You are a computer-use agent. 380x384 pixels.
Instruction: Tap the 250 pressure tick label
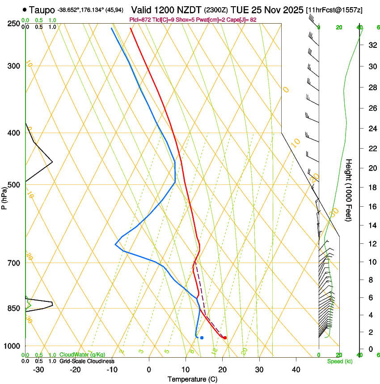(13, 24)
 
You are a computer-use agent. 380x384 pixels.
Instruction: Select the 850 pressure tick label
(13, 308)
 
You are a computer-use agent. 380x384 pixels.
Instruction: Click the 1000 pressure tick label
(12, 346)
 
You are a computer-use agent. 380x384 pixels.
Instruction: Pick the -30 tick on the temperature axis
(38, 370)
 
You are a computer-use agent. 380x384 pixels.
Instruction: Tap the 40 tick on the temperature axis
(296, 370)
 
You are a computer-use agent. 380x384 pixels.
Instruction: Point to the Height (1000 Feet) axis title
(349, 190)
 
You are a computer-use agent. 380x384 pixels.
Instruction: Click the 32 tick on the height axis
(372, 45)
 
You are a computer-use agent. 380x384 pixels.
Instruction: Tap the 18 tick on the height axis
(372, 187)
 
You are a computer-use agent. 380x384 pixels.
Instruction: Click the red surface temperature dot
(225, 338)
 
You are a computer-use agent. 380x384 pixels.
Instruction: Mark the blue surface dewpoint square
(202, 338)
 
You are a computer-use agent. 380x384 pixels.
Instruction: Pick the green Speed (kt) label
(340, 361)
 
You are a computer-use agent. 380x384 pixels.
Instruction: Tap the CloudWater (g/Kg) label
(82, 355)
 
